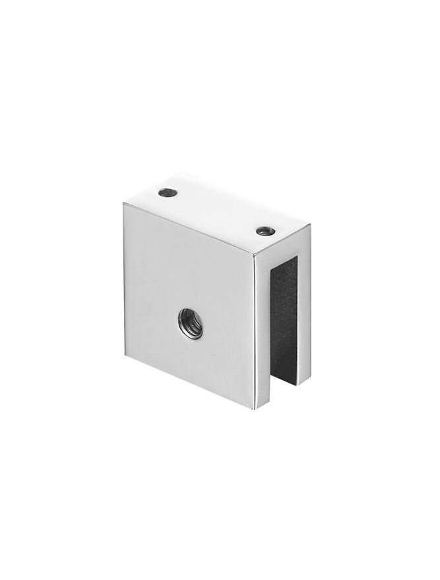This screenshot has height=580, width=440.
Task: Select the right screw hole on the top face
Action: click(x=265, y=230)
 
